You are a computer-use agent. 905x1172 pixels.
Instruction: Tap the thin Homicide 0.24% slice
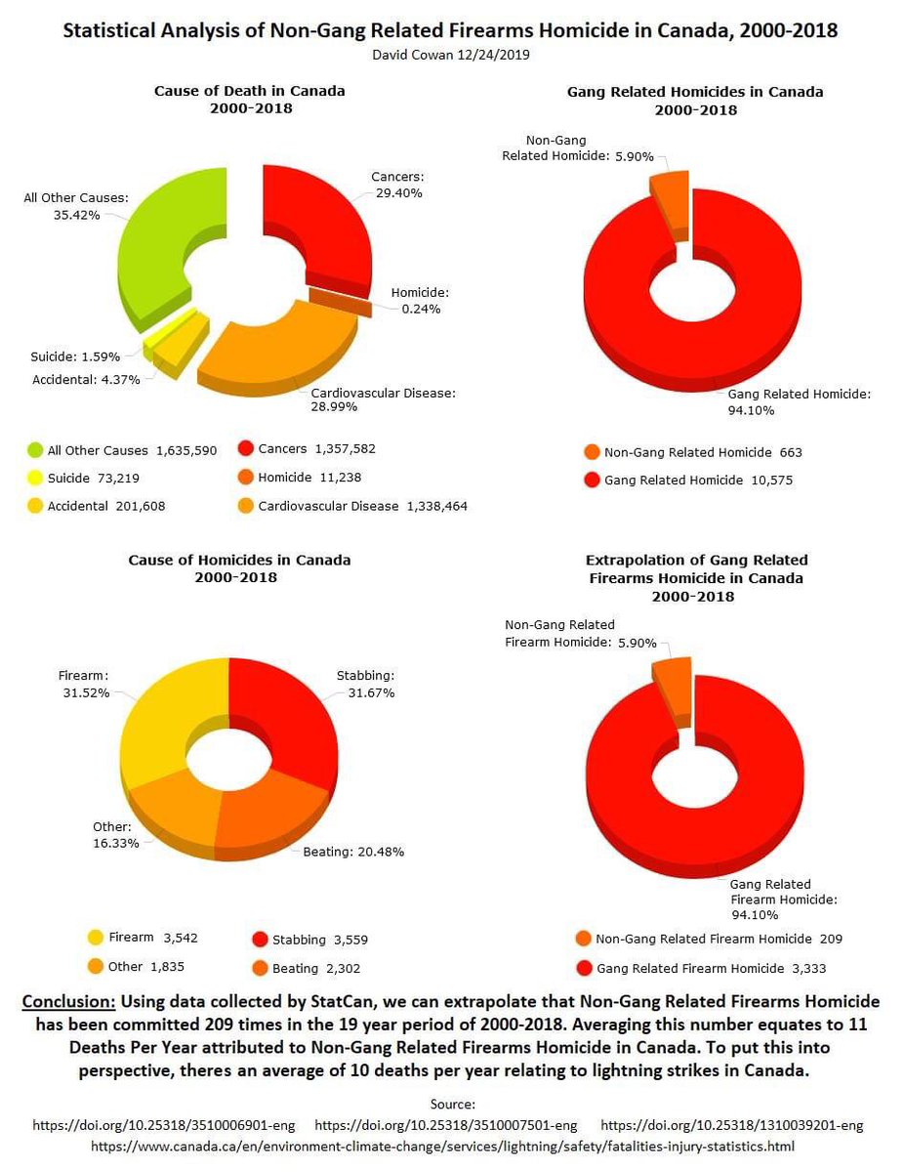[x=341, y=301]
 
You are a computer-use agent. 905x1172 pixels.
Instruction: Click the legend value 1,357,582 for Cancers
[x=345, y=449]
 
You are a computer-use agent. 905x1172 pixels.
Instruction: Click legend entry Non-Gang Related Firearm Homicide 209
[x=710, y=939]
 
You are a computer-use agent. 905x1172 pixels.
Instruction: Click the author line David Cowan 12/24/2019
[x=452, y=55]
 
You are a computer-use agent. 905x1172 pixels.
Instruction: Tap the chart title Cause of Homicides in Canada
[x=239, y=560]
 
